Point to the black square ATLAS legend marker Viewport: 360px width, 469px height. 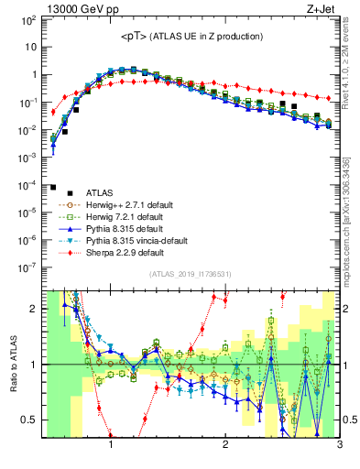click(x=55, y=192)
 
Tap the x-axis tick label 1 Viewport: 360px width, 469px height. click(x=111, y=451)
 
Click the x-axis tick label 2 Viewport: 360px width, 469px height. click(x=225, y=451)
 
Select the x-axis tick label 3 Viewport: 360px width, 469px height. click(x=339, y=451)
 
